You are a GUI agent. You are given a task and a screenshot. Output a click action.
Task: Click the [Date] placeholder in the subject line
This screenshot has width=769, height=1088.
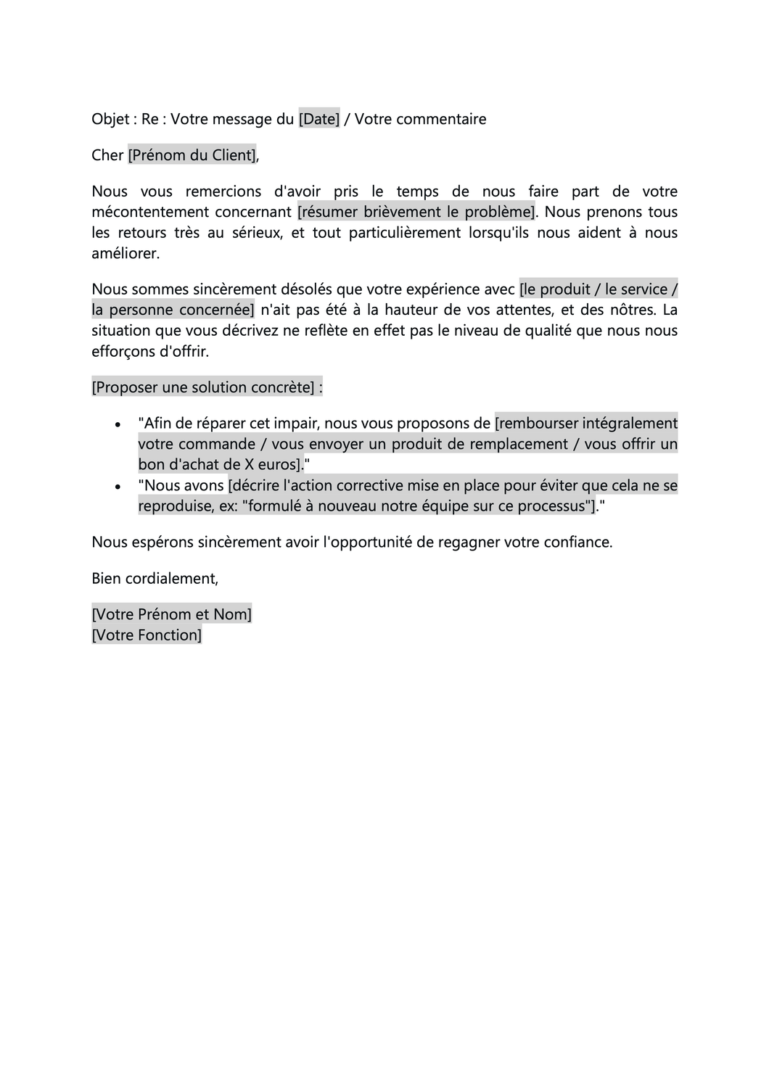319,119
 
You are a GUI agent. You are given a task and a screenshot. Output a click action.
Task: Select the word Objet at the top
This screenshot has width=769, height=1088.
110,119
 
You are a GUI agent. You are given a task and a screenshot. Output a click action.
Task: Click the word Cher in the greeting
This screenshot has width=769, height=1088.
107,155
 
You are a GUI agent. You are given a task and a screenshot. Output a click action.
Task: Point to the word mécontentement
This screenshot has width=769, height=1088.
149,213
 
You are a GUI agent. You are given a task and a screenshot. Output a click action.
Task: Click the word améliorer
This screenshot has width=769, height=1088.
126,254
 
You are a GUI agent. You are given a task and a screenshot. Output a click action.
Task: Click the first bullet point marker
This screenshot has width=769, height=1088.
118,424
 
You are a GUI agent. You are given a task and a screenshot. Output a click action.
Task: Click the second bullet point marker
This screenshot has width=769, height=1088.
118,487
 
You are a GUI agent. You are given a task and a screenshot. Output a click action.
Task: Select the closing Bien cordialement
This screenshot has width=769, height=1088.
155,579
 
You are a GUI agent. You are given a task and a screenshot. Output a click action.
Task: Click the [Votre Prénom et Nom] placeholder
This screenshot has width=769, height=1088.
172,615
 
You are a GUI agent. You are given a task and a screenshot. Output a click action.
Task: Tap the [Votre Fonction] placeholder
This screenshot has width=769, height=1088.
147,635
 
